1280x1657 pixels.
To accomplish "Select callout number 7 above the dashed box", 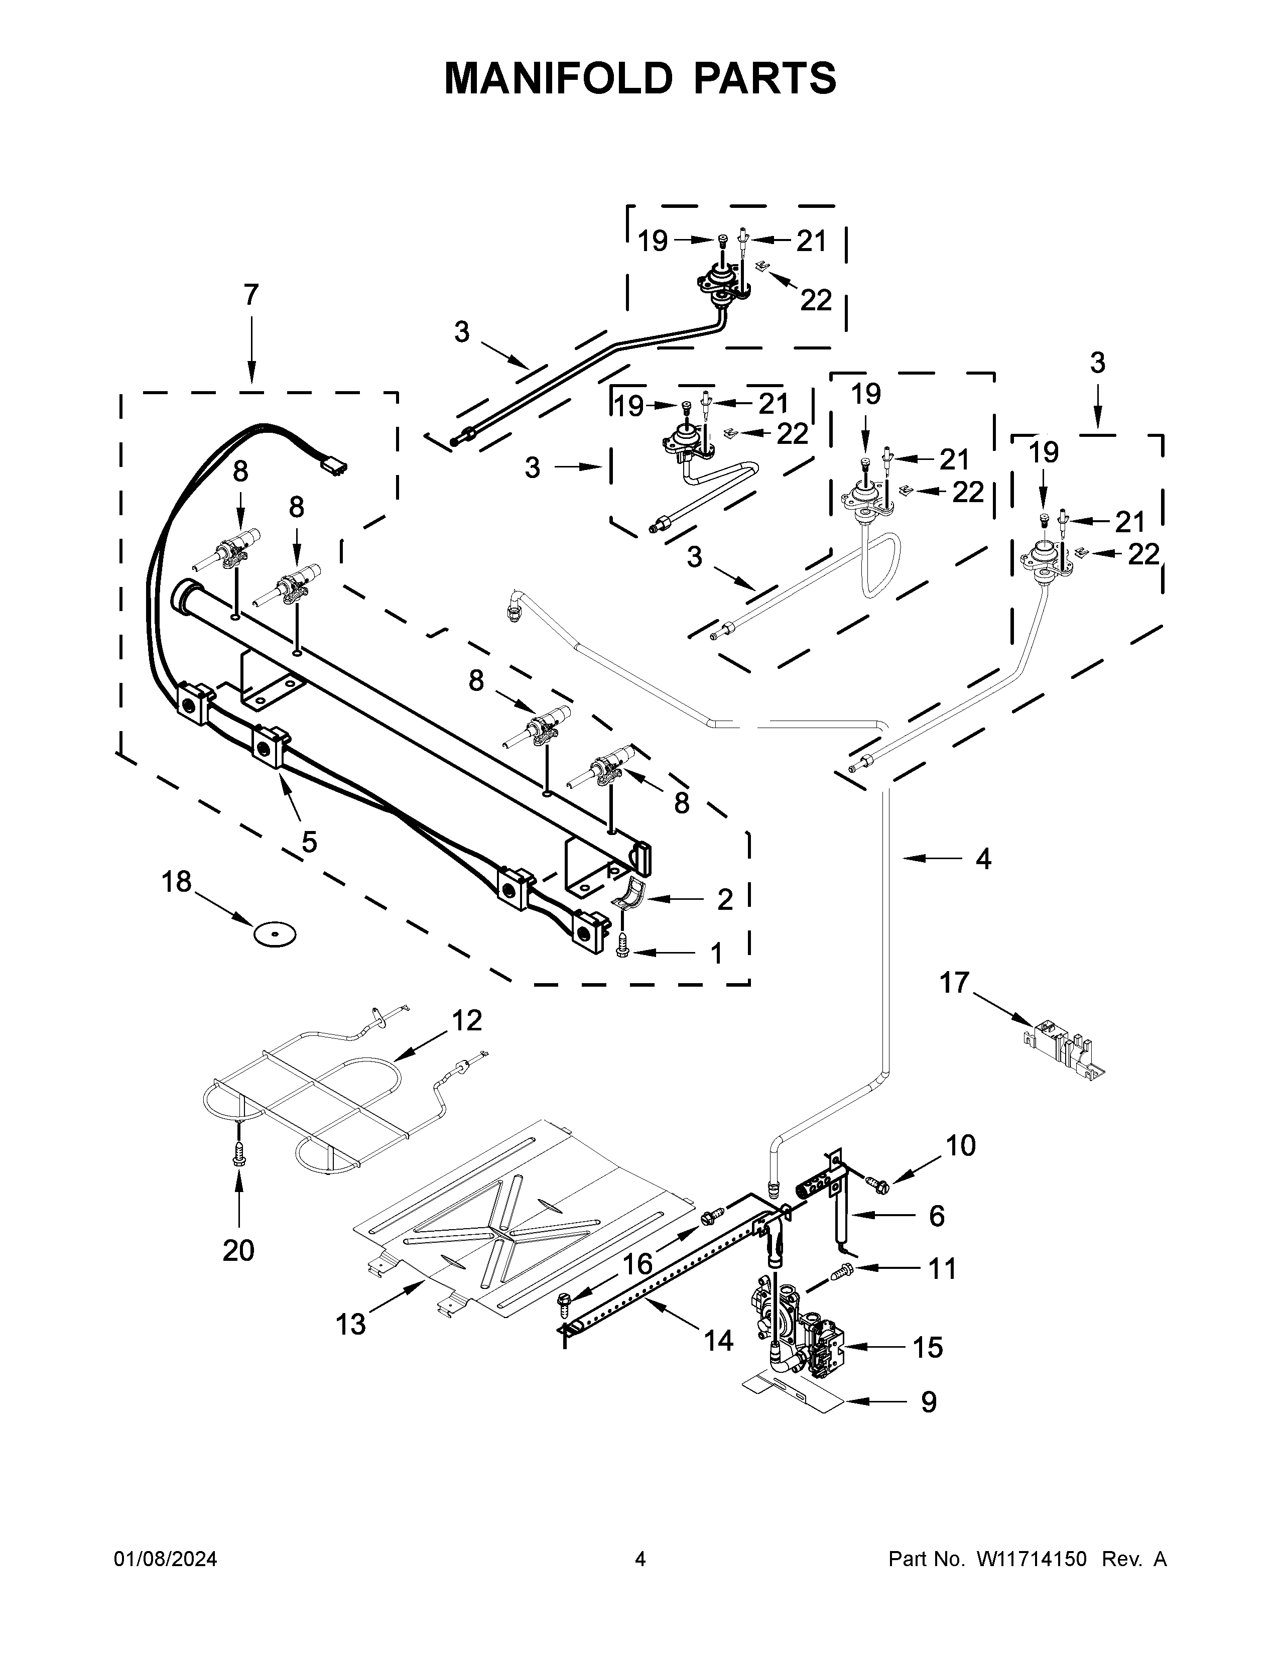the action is [251, 294].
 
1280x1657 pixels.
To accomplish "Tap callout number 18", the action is [177, 882].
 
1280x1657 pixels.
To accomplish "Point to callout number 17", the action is [955, 983].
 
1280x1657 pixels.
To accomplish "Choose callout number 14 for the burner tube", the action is [718, 1341].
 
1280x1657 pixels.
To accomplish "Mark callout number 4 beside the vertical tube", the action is [983, 858].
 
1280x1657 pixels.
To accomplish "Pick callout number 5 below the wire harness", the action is [309, 842].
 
